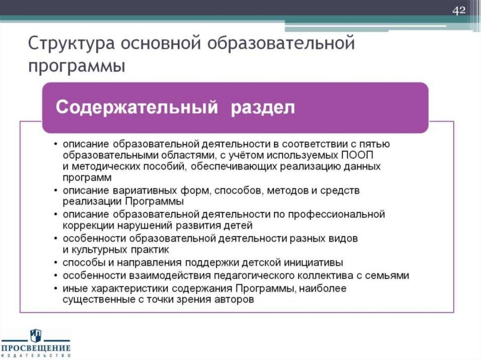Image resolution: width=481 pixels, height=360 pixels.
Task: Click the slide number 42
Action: [459, 10]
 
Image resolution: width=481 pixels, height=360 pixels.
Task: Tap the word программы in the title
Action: [77, 67]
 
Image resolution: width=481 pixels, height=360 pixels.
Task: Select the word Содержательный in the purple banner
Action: [137, 107]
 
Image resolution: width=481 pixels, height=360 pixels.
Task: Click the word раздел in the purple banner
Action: [263, 107]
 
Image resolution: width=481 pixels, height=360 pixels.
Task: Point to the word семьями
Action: [389, 275]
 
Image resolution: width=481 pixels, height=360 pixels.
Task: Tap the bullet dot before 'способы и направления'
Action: [56, 262]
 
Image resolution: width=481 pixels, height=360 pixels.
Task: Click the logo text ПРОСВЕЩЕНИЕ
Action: [35, 348]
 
